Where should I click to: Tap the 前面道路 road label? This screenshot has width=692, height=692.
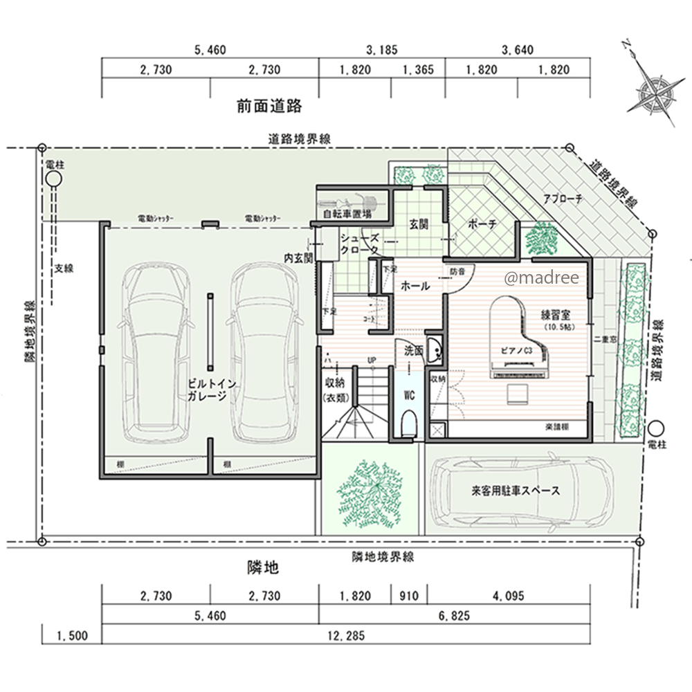[269, 107]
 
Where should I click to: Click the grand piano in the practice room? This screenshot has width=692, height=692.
[512, 339]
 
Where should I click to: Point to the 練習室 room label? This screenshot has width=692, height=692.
[555, 315]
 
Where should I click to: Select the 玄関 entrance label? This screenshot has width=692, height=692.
[419, 224]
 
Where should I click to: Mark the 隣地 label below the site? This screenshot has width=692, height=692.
[264, 568]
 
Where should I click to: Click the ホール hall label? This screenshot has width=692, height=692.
[415, 286]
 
